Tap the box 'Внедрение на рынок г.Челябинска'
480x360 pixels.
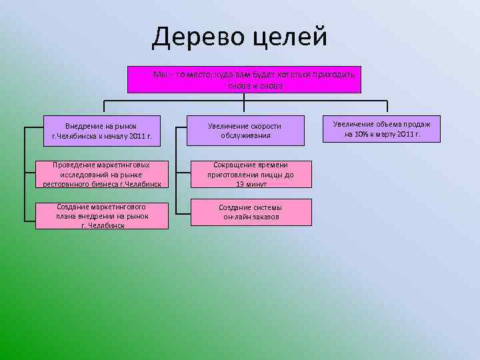[102, 131]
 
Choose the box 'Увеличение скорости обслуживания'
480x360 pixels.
[244, 131]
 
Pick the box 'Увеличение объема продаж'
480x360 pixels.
[381, 129]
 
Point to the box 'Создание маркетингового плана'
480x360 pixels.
[102, 215]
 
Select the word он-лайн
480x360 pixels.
[236, 217]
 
